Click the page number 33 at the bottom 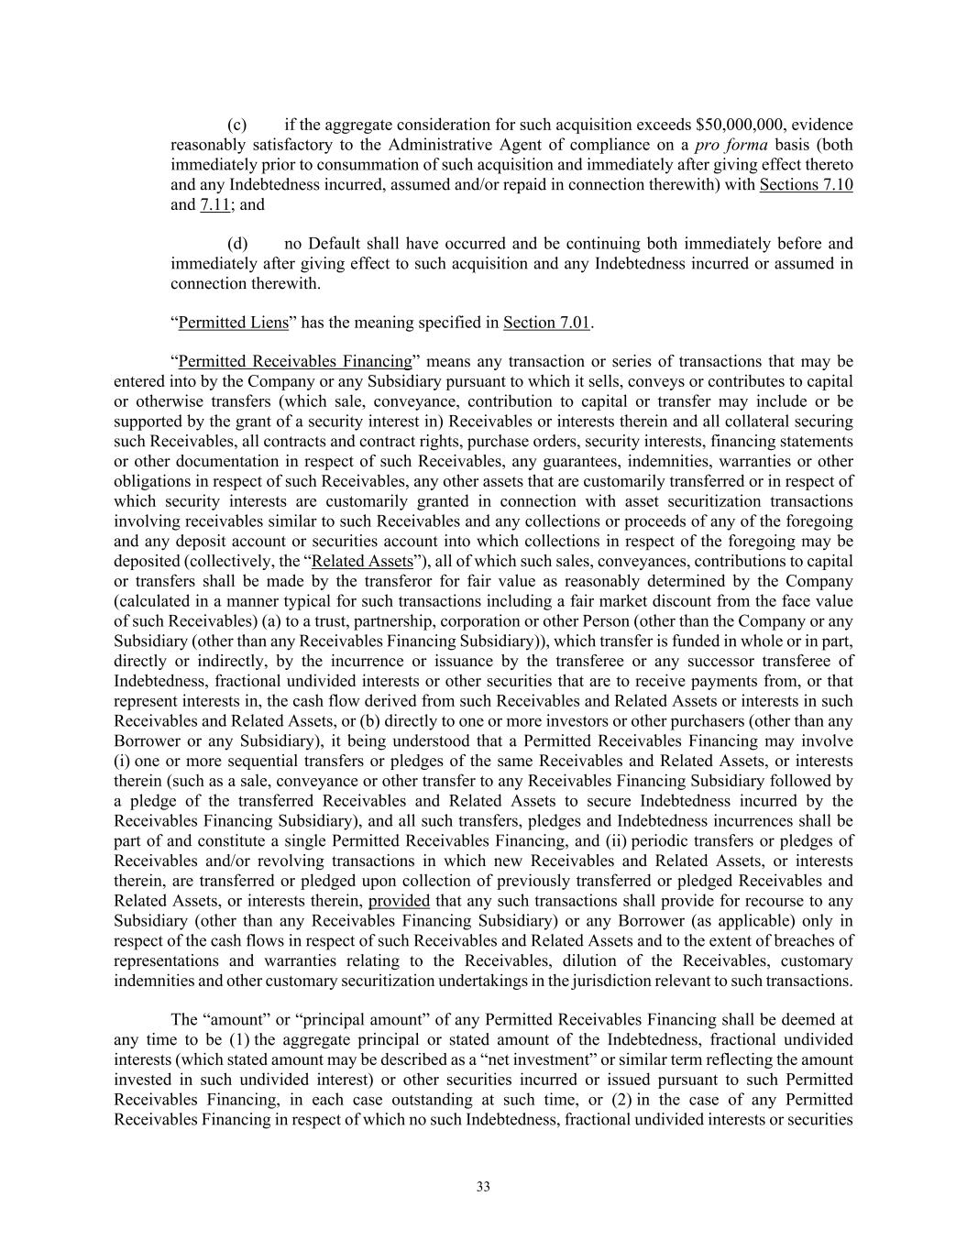click(x=483, y=1187)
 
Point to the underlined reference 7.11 click(x=214, y=204)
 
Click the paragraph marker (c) click(x=236, y=125)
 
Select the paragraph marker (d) click(x=236, y=244)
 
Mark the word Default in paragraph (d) click(x=335, y=244)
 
